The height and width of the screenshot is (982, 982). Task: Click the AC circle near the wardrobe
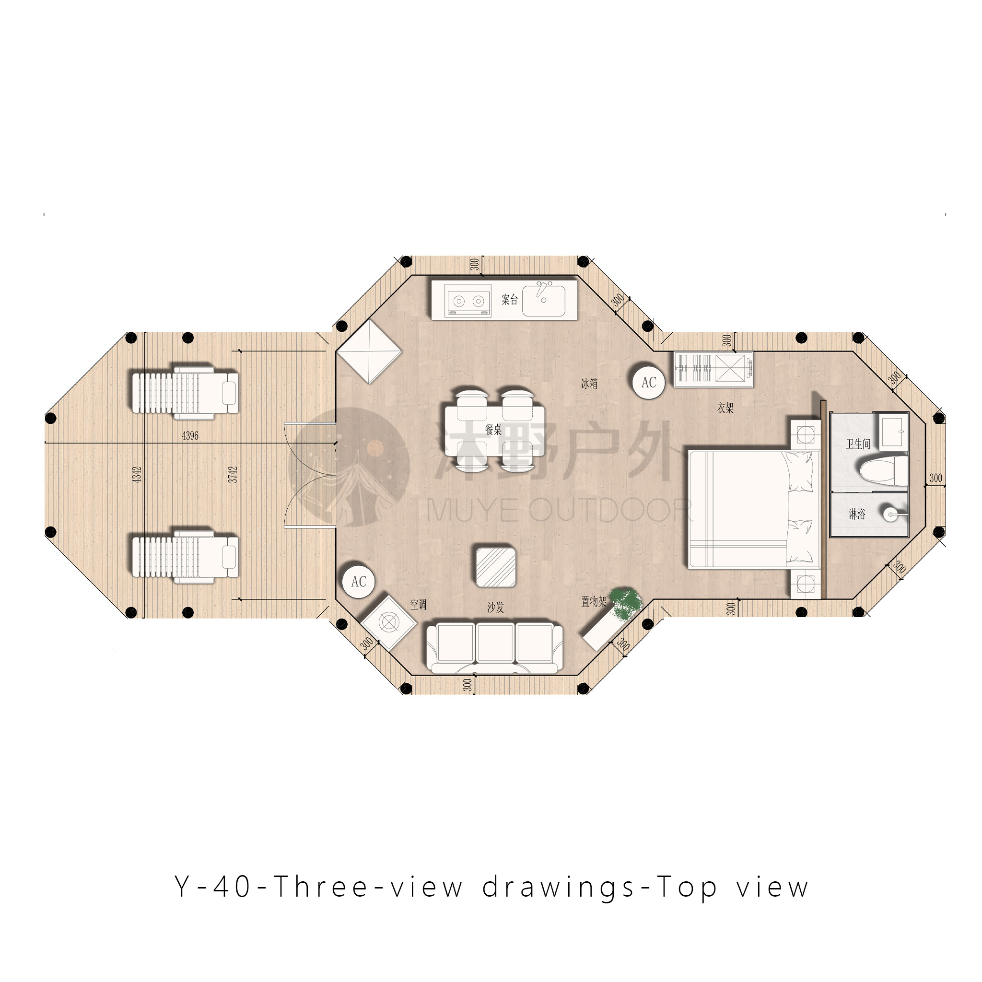pyautogui.click(x=649, y=382)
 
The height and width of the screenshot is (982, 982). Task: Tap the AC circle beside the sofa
pyautogui.click(x=358, y=582)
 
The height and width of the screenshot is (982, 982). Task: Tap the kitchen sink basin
pyautogui.click(x=543, y=300)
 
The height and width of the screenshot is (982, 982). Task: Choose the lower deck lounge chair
pyautogui.click(x=185, y=556)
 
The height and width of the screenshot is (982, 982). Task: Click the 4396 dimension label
pyautogui.click(x=190, y=435)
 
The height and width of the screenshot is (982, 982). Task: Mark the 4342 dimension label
pyautogui.click(x=137, y=474)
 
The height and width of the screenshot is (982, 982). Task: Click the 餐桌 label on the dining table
pyautogui.click(x=493, y=430)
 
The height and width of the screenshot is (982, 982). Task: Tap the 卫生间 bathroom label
pyautogui.click(x=858, y=444)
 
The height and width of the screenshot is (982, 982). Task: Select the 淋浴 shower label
pyautogui.click(x=856, y=514)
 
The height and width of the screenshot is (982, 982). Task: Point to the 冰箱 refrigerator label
pyautogui.click(x=589, y=384)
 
